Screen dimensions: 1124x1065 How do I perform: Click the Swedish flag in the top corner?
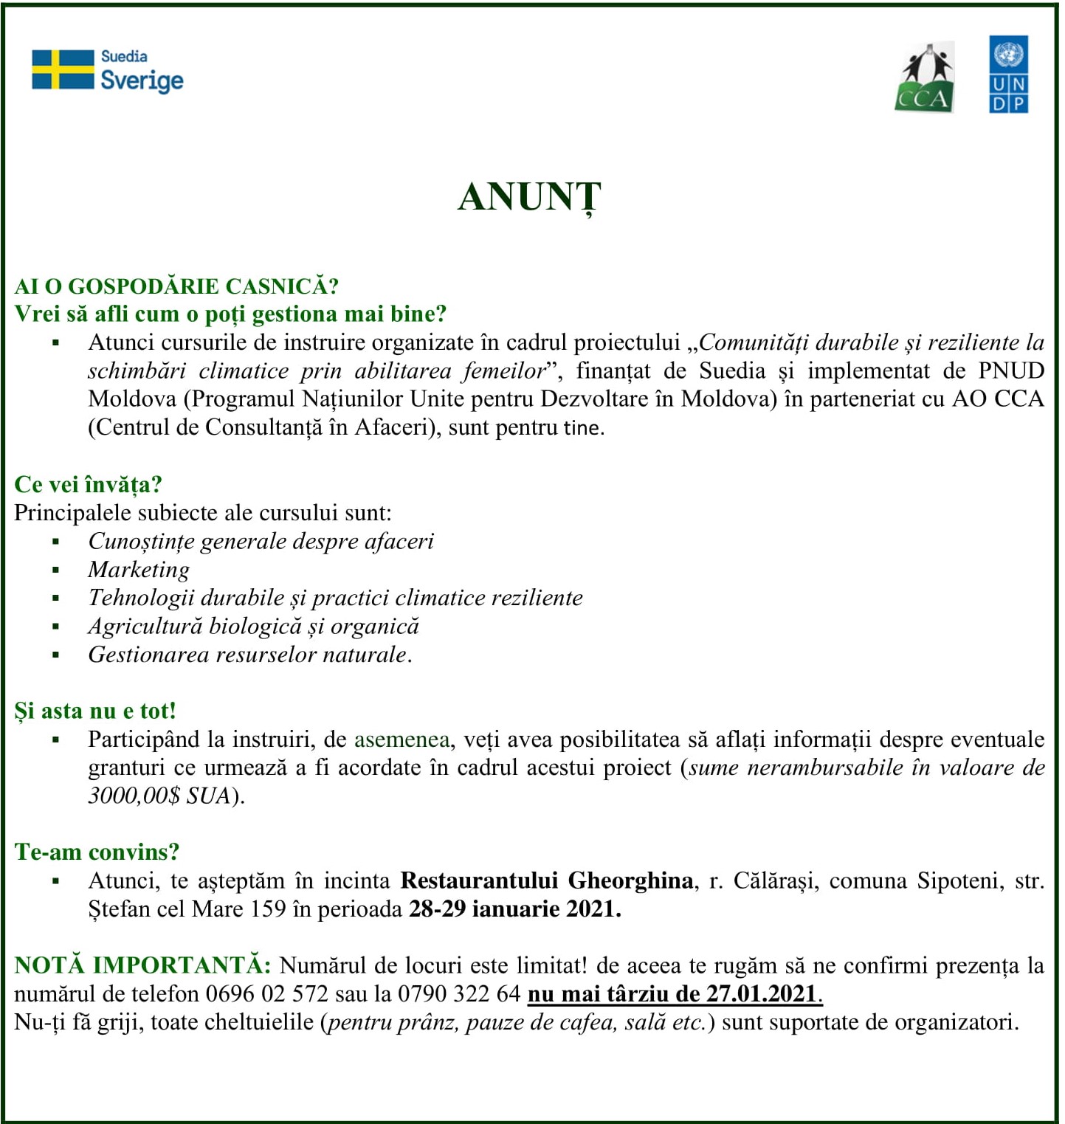(x=63, y=70)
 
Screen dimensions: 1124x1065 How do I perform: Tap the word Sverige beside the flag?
(x=142, y=80)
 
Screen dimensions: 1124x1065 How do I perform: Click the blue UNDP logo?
(x=1008, y=75)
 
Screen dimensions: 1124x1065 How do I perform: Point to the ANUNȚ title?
(x=529, y=198)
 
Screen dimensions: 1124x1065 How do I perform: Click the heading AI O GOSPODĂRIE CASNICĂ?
(x=176, y=286)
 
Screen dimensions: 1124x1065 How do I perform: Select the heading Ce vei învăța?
(x=88, y=484)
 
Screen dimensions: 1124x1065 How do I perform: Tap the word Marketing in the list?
(x=139, y=570)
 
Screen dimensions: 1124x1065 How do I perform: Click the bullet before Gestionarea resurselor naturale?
(x=56, y=655)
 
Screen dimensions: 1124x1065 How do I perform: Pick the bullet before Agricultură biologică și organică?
(x=56, y=627)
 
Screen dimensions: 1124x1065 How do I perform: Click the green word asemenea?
(x=401, y=739)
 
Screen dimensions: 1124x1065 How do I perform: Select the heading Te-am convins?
(x=97, y=852)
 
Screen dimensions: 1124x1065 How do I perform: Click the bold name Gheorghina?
(x=630, y=880)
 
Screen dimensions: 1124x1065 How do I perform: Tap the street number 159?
(x=268, y=908)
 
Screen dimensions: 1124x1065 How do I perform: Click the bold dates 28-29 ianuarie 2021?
(x=514, y=908)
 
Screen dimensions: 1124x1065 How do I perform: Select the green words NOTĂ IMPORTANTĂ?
(x=142, y=965)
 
